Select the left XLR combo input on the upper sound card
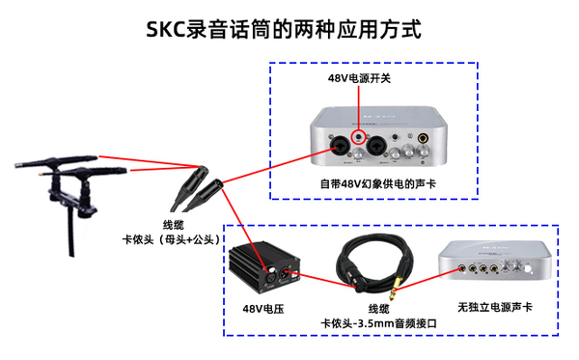[342, 147]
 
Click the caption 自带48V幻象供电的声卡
[372, 182]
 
